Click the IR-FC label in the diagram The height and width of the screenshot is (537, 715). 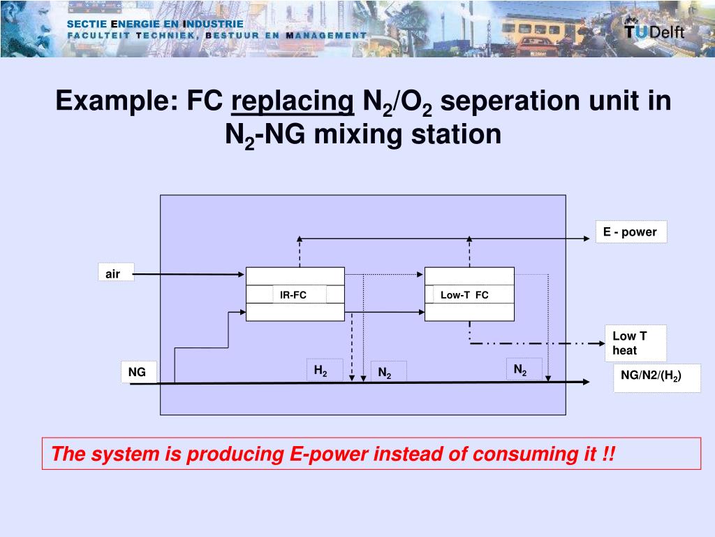pyautogui.click(x=293, y=295)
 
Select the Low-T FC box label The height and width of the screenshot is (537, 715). pyautogui.click(x=464, y=295)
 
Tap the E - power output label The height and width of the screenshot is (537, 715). pyautogui.click(x=631, y=232)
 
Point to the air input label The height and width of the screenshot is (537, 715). pyautogui.click(x=113, y=274)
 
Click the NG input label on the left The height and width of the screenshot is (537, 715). pyautogui.click(x=138, y=372)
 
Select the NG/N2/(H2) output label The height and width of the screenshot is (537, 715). pyautogui.click(x=651, y=376)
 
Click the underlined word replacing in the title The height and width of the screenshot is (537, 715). pyautogui.click(x=293, y=101)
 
